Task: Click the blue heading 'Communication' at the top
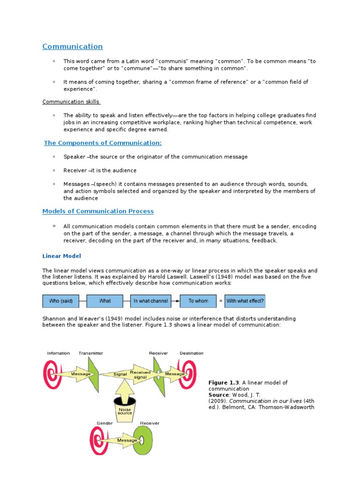72,46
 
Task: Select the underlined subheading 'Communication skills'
70,102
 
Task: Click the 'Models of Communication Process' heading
98,211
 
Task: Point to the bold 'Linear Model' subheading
61,256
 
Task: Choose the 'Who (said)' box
60,301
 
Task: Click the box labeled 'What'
105,301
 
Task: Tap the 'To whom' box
198,301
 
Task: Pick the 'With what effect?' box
245,301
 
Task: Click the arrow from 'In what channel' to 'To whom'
173,301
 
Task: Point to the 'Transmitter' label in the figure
91,353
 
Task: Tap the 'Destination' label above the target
191,353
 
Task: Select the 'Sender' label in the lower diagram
105,423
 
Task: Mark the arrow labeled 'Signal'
122,374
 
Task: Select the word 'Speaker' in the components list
74,157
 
